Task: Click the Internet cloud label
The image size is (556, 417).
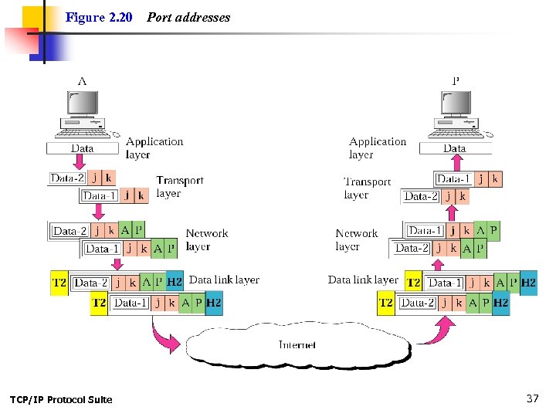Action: click(297, 344)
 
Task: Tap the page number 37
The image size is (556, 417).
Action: click(532, 398)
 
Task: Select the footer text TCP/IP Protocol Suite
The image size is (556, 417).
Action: click(61, 399)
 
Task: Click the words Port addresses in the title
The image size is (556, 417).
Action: click(188, 17)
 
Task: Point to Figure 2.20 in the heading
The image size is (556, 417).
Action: click(99, 17)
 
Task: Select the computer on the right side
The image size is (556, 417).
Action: click(456, 116)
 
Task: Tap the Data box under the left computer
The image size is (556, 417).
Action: click(82, 148)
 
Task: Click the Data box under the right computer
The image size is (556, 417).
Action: click(455, 148)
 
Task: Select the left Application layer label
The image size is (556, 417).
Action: click(154, 147)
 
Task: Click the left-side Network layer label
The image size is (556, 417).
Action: click(206, 239)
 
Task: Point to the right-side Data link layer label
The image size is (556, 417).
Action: click(363, 280)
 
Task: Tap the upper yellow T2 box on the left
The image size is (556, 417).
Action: click(59, 283)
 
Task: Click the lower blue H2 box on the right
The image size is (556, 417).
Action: click(500, 303)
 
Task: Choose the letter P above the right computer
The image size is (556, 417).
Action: click(456, 80)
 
